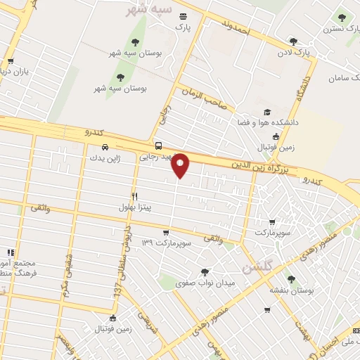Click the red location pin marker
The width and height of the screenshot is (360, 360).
(x=181, y=165)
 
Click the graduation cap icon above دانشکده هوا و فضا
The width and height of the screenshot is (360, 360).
(x=267, y=112)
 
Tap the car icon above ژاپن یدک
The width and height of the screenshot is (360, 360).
(x=104, y=148)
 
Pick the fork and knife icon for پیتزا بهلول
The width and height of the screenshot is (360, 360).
(x=134, y=197)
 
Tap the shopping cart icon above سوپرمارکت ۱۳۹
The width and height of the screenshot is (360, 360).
(x=165, y=233)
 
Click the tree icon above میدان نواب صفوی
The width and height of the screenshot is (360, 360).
(x=205, y=272)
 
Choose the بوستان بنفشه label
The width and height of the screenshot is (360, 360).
(x=295, y=289)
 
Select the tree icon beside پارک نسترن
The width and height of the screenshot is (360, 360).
(x=342, y=18)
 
